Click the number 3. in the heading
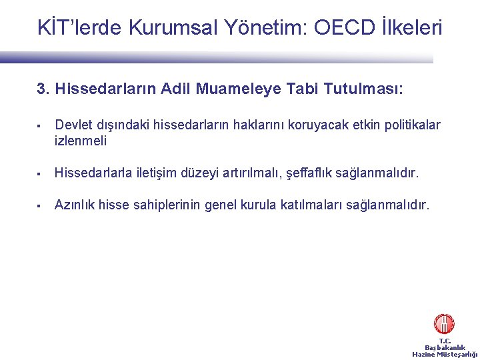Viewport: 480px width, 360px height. point(43,89)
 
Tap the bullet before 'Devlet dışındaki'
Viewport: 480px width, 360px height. point(41,125)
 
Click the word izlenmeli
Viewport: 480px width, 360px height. point(81,141)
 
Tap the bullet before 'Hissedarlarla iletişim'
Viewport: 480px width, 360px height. point(41,174)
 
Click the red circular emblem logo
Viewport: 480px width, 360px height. point(444,324)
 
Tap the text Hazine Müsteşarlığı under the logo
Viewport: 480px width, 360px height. point(445,355)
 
